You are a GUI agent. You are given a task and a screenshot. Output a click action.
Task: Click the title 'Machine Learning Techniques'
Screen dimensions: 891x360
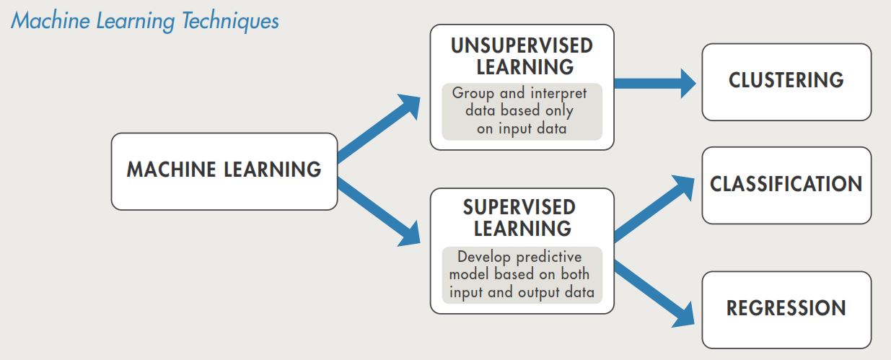(145, 21)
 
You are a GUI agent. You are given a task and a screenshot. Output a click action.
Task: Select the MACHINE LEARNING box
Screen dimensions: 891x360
(224, 172)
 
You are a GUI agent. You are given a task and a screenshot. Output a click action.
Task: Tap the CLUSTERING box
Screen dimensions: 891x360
(786, 82)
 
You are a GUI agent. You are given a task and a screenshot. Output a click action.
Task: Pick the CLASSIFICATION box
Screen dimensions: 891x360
(786, 185)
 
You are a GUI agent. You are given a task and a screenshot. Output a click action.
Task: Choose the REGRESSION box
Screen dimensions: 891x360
(786, 310)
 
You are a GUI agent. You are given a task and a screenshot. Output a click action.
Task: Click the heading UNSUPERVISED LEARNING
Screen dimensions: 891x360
(522, 56)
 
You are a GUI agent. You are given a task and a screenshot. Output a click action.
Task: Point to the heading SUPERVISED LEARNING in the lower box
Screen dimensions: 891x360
(520, 218)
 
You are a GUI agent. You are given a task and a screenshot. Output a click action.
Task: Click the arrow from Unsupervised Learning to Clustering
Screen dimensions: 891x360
(655, 83)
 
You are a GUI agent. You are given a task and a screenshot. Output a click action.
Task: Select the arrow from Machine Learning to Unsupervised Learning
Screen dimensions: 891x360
(379, 128)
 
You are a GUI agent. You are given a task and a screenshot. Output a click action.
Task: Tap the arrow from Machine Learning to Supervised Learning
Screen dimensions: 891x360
(379, 212)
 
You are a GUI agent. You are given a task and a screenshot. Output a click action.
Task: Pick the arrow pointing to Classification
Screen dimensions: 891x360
(654, 208)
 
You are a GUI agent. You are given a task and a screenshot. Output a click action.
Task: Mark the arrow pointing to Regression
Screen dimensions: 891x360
(654, 294)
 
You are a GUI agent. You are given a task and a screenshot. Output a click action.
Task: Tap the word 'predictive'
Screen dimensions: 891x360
(549, 258)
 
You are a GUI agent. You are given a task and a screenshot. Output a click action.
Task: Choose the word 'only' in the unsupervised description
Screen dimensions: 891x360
(559, 111)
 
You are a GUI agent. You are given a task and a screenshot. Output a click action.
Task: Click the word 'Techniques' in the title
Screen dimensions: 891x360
(230, 21)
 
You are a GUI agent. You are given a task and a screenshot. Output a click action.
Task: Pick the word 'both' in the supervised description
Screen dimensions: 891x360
(575, 273)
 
